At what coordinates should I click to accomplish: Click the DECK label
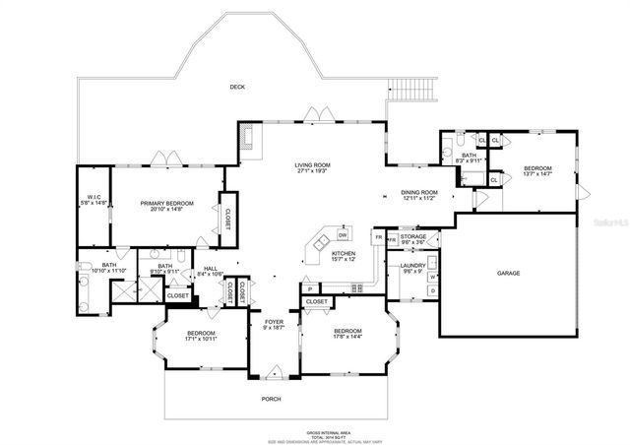coord(236,87)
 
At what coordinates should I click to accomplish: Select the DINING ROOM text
coord(418,194)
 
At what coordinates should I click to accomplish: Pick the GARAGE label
coord(508,273)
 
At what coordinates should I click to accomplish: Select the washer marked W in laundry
coord(432,277)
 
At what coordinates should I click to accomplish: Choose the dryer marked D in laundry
coord(432,290)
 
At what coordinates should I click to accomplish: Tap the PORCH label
coord(271,399)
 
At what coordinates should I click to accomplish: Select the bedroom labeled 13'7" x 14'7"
coord(536,171)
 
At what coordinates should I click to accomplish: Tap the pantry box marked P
coord(308,289)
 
